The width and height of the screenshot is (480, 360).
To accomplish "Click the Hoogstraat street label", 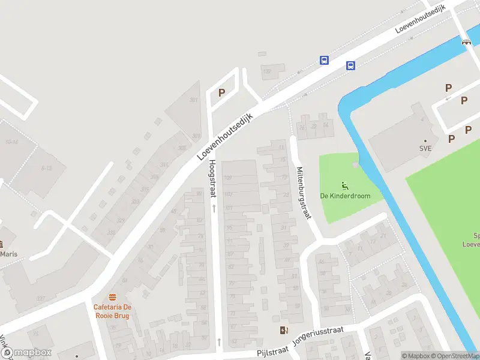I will (212, 178).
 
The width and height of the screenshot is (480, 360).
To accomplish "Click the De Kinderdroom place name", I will (345, 196).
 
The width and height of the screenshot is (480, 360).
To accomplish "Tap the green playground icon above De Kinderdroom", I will (344, 185).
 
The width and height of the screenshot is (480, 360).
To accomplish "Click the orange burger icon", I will (112, 297).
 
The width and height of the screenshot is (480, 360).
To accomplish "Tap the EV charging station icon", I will (283, 330).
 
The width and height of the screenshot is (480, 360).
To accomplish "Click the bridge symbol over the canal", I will (466, 42).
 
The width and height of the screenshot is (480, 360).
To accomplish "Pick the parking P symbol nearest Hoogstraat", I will (221, 92).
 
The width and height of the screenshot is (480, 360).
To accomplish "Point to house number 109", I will (227, 178).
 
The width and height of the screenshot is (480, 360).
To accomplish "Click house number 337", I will (40, 298).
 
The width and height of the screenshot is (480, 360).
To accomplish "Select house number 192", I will (267, 71).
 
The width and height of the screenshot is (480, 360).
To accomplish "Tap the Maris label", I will (9, 254).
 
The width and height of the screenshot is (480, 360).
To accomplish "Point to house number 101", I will (228, 208).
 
